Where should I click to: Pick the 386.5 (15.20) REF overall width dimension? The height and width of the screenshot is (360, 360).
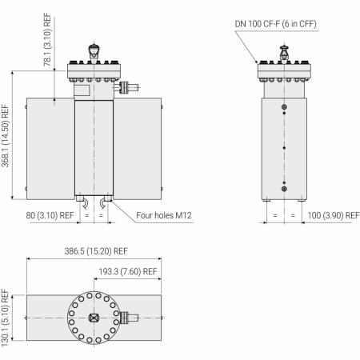(94, 250)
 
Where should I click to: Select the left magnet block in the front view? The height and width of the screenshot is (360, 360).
(50, 148)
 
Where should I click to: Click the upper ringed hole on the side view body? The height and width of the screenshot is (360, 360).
(284, 107)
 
